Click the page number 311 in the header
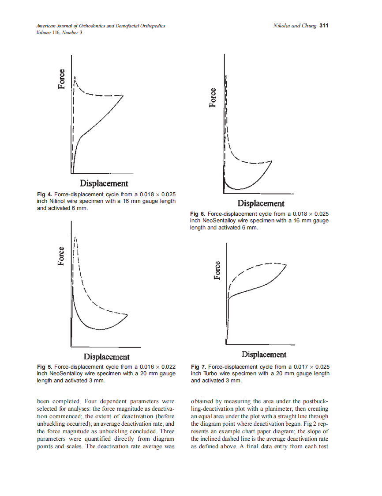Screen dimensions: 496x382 coord(324,26)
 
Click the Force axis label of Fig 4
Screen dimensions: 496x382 coord(62,79)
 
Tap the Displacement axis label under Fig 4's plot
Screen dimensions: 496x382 coord(104,183)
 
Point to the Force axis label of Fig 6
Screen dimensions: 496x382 coord(213,98)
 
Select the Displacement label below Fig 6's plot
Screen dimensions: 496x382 coord(261,203)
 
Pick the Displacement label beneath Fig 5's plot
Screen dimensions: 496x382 coord(107,356)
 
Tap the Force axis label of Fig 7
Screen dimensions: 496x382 coord(217,271)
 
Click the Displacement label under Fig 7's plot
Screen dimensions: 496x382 coord(264,355)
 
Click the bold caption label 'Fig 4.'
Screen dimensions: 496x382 coord(45,195)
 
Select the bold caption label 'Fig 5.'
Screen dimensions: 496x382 coord(45,367)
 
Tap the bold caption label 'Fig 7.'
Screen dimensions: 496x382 coord(198,367)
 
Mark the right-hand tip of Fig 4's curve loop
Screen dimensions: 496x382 coord(124,95)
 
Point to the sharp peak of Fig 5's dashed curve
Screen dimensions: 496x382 coord(75,237)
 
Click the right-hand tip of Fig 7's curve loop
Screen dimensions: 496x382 coord(287,265)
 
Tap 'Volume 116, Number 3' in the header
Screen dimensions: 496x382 coord(59,33)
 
